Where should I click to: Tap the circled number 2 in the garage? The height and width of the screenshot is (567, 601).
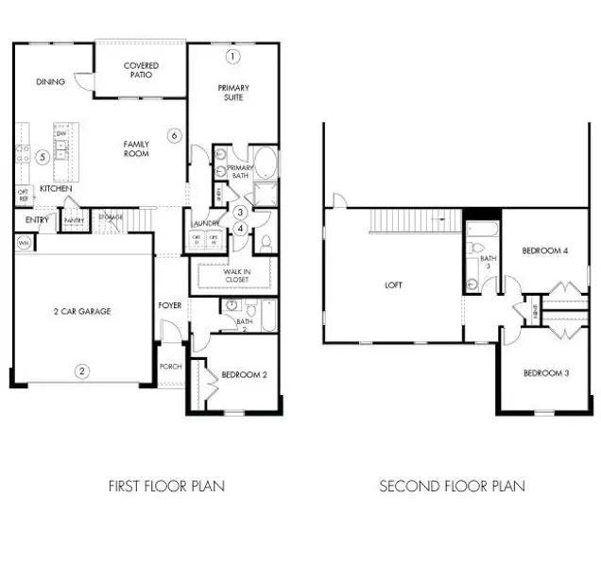point(82,371)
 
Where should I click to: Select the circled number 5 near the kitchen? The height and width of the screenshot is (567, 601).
point(43,157)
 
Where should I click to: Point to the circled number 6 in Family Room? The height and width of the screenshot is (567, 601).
point(174,136)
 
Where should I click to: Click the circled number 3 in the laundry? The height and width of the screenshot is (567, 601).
point(241,213)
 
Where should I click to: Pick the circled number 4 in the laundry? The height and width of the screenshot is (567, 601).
point(241,228)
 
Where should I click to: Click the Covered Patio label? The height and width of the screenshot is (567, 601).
point(142,71)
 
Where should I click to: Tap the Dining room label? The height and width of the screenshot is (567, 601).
point(51,82)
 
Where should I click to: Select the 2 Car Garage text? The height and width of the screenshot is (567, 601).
point(81,310)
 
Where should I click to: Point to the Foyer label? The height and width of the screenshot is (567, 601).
point(170,305)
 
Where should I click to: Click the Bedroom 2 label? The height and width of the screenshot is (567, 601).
point(245,375)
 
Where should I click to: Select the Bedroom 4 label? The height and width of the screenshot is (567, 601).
point(546,250)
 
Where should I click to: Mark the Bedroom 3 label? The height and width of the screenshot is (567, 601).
point(546,371)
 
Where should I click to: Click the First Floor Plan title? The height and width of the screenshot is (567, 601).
point(166,487)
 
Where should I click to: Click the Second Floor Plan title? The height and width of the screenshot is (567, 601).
point(452,487)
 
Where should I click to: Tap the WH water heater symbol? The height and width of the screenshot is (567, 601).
point(22,243)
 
